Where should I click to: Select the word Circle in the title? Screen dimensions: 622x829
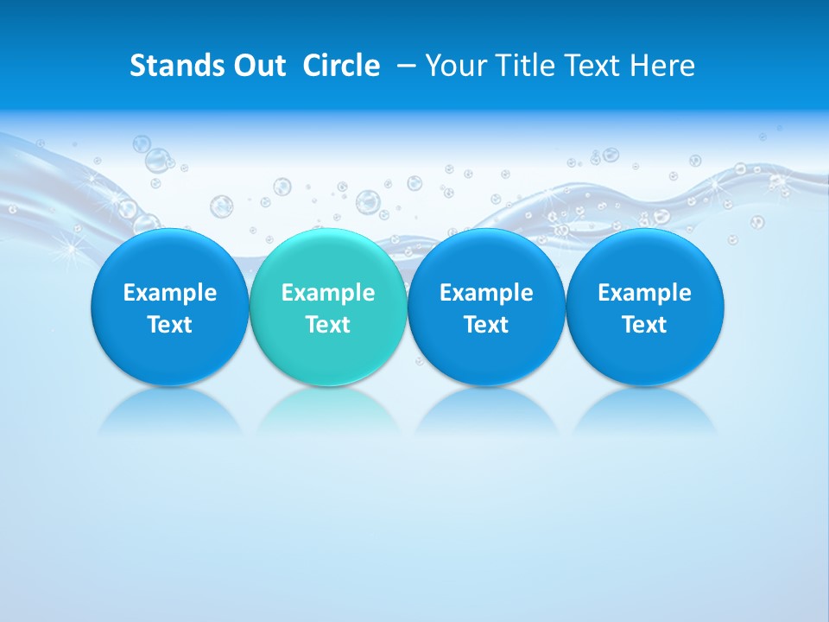341,66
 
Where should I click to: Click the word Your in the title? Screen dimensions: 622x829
455,66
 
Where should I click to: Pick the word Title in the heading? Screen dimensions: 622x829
522,66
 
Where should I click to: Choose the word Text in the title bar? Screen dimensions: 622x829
593,66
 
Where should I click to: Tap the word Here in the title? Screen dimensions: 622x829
663,66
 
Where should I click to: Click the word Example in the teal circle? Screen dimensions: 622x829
328,293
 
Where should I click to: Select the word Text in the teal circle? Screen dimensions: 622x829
328,325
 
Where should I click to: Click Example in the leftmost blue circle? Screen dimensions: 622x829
170,293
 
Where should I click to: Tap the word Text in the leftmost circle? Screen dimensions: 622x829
170,325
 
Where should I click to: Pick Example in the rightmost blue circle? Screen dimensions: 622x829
644,293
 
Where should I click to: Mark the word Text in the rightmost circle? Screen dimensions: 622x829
644,325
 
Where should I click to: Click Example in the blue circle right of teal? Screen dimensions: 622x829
486,293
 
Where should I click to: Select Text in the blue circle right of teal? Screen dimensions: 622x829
486,325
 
